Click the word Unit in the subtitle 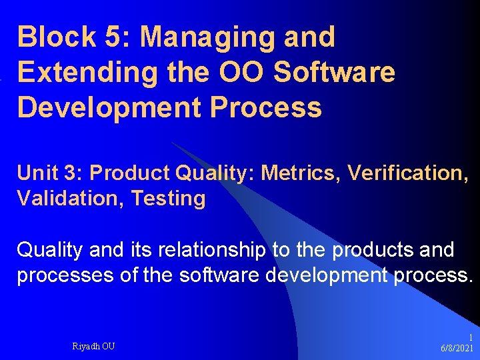point(37,173)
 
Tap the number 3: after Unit point(73,173)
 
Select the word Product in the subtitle point(129,173)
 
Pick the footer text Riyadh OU point(94,346)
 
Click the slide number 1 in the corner point(471,338)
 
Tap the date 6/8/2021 point(457,349)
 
